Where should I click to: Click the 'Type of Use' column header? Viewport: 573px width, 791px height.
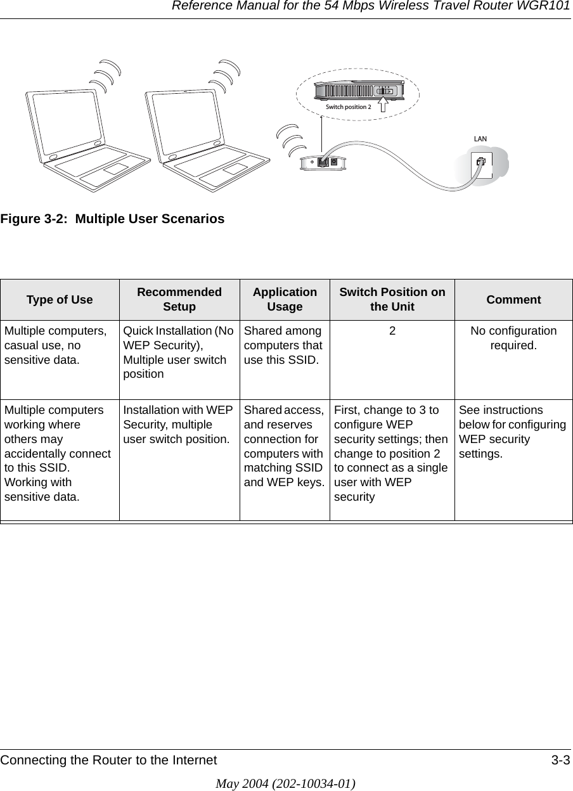click(60, 300)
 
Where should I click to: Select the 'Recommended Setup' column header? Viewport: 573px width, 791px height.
click(179, 300)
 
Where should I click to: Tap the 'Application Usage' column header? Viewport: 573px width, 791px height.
click(285, 300)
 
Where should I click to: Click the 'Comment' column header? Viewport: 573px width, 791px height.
click(513, 300)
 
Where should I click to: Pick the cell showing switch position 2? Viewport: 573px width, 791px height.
click(392, 331)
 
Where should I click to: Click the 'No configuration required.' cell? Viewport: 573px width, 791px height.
click(513, 338)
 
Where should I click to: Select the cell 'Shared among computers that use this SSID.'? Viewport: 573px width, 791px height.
click(284, 345)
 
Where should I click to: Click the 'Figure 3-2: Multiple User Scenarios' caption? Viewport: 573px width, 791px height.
click(112, 219)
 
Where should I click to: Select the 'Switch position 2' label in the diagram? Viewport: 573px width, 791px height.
click(348, 107)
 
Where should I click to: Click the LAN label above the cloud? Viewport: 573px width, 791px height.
click(480, 138)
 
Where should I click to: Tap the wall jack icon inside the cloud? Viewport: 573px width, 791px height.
click(482, 162)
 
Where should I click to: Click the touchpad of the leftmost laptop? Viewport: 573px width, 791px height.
click(115, 169)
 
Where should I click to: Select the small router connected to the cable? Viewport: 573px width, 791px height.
click(324, 162)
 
